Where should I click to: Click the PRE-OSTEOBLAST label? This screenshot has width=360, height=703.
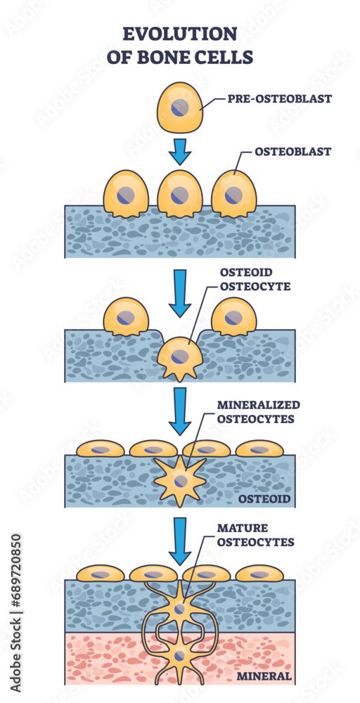point(278,98)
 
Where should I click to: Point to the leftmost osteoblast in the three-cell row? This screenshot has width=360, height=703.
point(127,193)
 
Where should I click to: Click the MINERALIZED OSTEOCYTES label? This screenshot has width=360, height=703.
point(257,412)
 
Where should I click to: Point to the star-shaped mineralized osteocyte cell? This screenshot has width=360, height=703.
point(181,479)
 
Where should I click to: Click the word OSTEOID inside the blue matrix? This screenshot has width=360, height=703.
point(262,498)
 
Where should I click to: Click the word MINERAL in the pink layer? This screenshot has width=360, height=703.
point(264,676)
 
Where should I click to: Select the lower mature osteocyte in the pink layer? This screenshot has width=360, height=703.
point(181,658)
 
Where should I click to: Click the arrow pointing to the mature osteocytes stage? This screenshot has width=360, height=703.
point(181,541)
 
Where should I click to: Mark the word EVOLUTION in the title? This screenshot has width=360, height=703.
point(180,33)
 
